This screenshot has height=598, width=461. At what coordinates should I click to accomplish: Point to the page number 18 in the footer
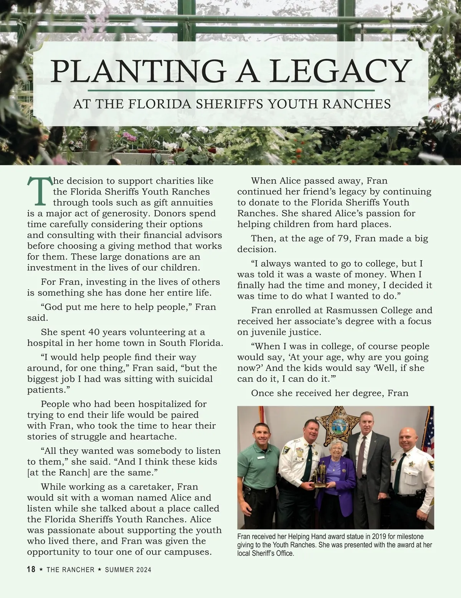click(x=31, y=570)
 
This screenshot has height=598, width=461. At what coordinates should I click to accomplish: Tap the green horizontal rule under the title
click(x=231, y=90)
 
